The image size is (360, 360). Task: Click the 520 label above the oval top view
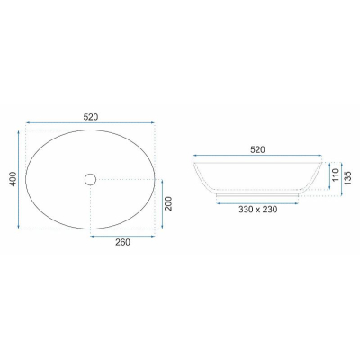tap(91, 117)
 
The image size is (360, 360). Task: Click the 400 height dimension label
tap(13, 179)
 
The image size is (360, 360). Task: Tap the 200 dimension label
tap(168, 203)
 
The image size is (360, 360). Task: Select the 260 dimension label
tap(123, 242)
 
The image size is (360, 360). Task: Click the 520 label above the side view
tap(257, 149)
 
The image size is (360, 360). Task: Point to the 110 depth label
tap(336, 175)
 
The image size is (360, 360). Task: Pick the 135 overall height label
tap(347, 178)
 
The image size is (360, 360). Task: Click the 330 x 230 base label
tap(258, 210)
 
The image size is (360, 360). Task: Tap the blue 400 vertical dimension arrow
tap(19, 179)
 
